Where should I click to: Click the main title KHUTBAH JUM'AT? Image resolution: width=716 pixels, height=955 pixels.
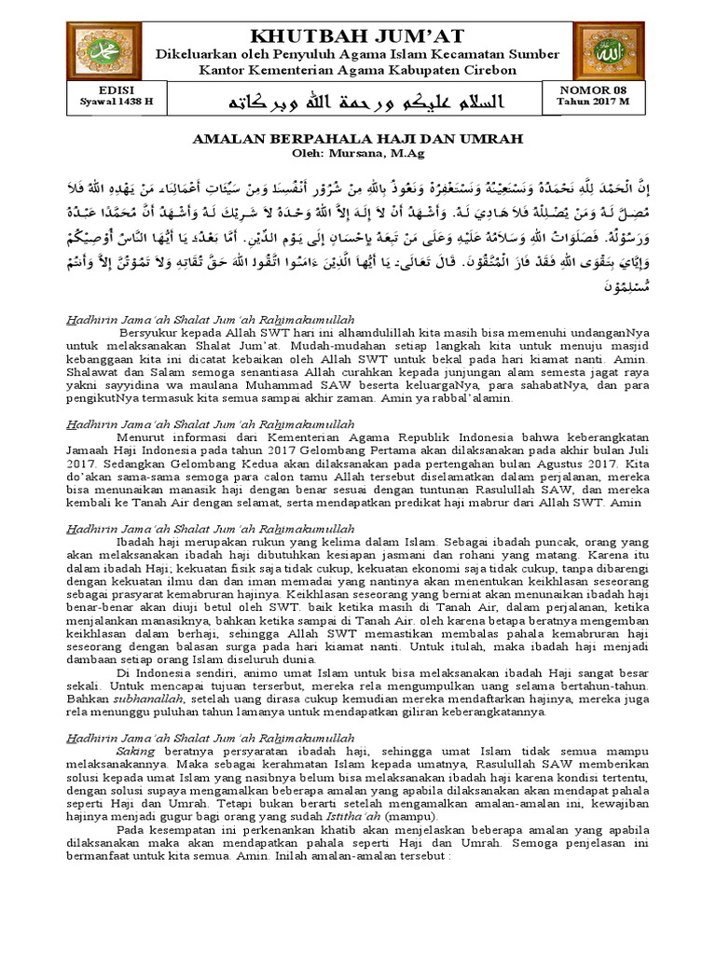(x=359, y=36)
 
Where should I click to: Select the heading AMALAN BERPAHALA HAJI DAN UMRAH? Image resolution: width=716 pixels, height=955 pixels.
(x=358, y=139)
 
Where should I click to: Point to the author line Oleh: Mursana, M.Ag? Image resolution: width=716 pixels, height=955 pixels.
(x=358, y=152)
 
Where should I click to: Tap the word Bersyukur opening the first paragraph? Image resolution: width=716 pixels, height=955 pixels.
(x=151, y=333)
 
